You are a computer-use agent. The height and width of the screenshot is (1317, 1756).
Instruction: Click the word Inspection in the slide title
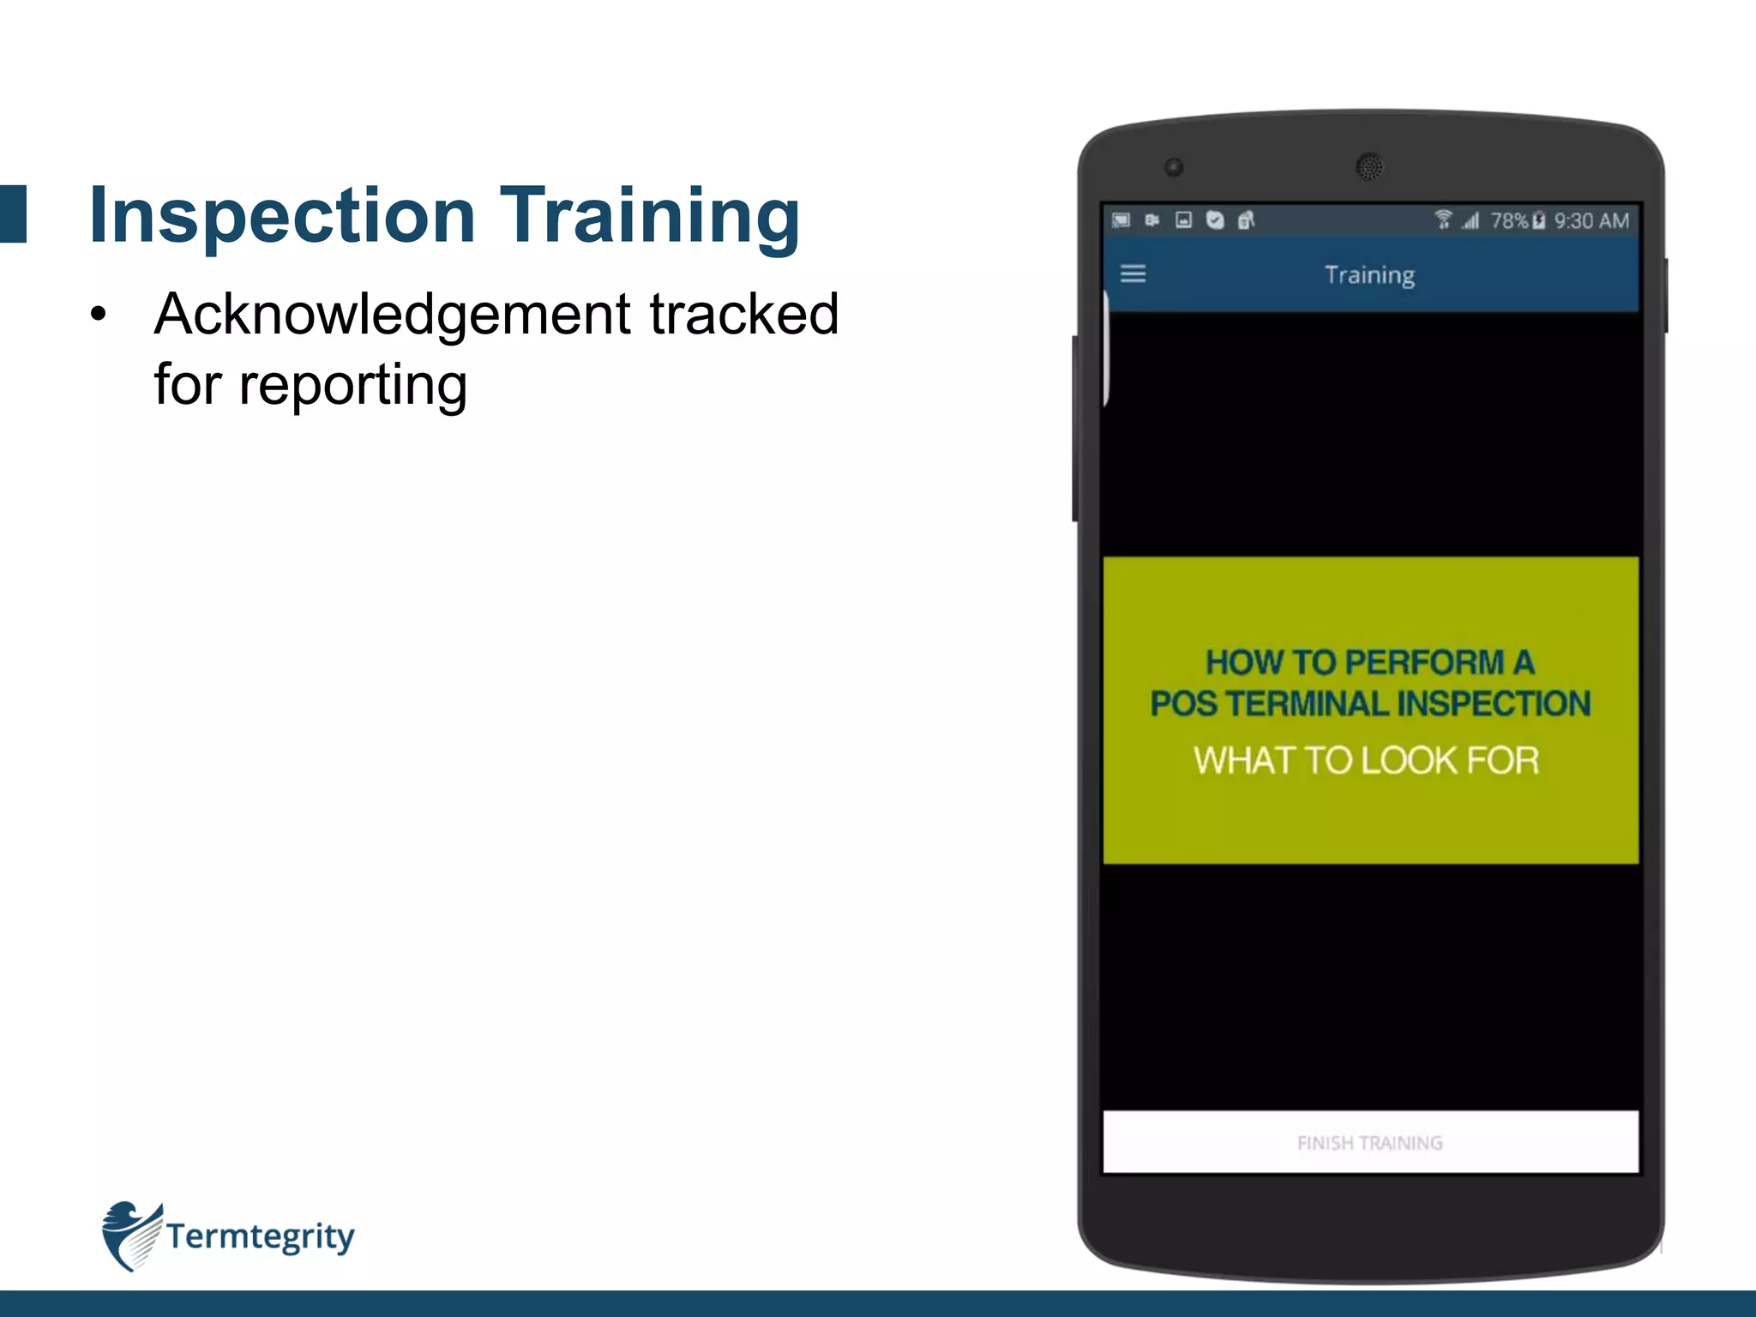tap(282, 215)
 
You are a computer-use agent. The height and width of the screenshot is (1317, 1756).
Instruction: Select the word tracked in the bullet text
tap(743, 314)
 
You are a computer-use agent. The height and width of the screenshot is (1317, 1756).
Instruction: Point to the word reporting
tap(352, 385)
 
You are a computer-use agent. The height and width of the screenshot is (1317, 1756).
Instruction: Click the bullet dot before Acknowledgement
tap(99, 315)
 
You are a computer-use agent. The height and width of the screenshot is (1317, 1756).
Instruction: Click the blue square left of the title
tap(13, 214)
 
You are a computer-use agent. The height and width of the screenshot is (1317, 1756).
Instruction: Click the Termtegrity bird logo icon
tap(130, 1236)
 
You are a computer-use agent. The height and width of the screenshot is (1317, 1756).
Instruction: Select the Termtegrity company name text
tap(260, 1236)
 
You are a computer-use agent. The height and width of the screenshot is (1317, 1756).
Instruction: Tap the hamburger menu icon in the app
tap(1133, 274)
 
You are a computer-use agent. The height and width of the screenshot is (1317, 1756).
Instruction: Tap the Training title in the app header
tap(1369, 275)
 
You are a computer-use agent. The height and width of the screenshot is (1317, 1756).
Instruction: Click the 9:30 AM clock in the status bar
tap(1591, 221)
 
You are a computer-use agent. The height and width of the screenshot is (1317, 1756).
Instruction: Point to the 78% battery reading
tap(1509, 221)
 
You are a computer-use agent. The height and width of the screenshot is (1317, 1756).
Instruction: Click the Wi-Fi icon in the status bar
tap(1443, 220)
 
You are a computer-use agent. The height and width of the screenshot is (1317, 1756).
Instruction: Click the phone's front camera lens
tap(1174, 167)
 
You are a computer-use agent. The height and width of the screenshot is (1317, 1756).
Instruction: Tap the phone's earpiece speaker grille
tap(1369, 166)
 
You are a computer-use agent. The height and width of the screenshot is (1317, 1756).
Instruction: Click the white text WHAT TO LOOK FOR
tap(1367, 761)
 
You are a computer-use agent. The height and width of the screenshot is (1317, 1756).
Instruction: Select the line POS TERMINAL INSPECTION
tap(1370, 704)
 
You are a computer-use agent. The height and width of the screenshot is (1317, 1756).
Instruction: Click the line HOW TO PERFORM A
tap(1369, 662)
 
